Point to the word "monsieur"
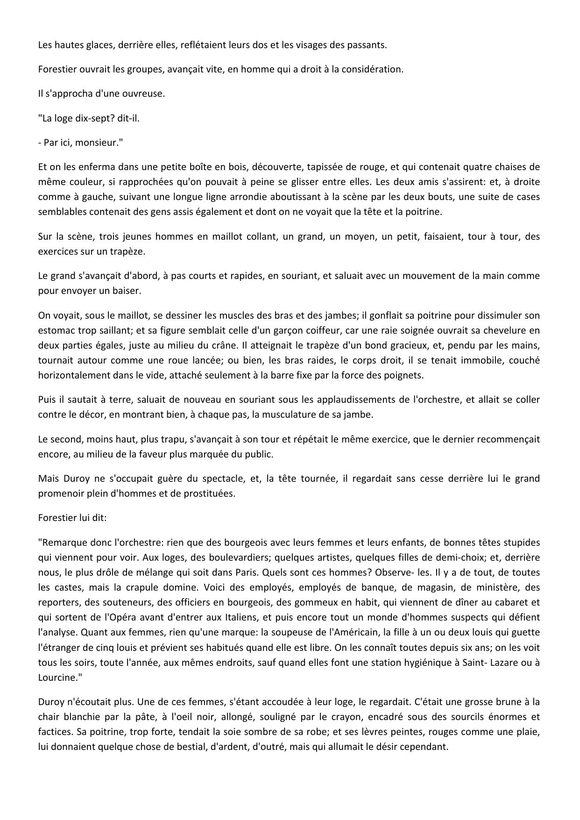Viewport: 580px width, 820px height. click(x=101, y=143)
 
